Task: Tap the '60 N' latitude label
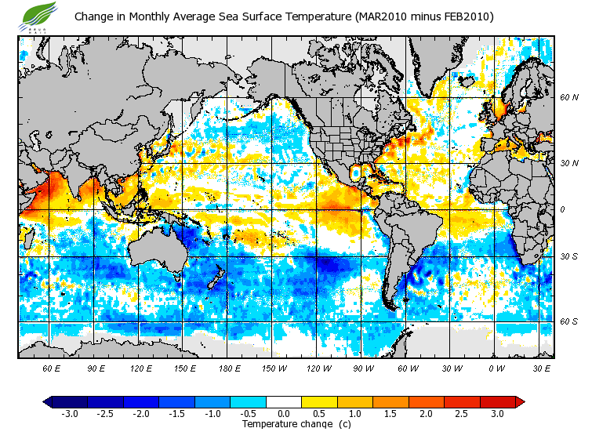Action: click(568, 98)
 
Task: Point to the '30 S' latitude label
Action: click(568, 256)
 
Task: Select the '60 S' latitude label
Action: click(568, 321)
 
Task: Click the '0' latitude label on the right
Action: click(562, 209)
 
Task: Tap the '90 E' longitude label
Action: click(96, 367)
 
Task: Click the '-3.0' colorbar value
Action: click(69, 414)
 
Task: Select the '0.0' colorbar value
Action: click(284, 414)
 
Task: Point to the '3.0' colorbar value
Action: click(497, 414)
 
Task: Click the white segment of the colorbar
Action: click(284, 402)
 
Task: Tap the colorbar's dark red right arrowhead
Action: click(519, 402)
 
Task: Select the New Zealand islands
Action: click(218, 278)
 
